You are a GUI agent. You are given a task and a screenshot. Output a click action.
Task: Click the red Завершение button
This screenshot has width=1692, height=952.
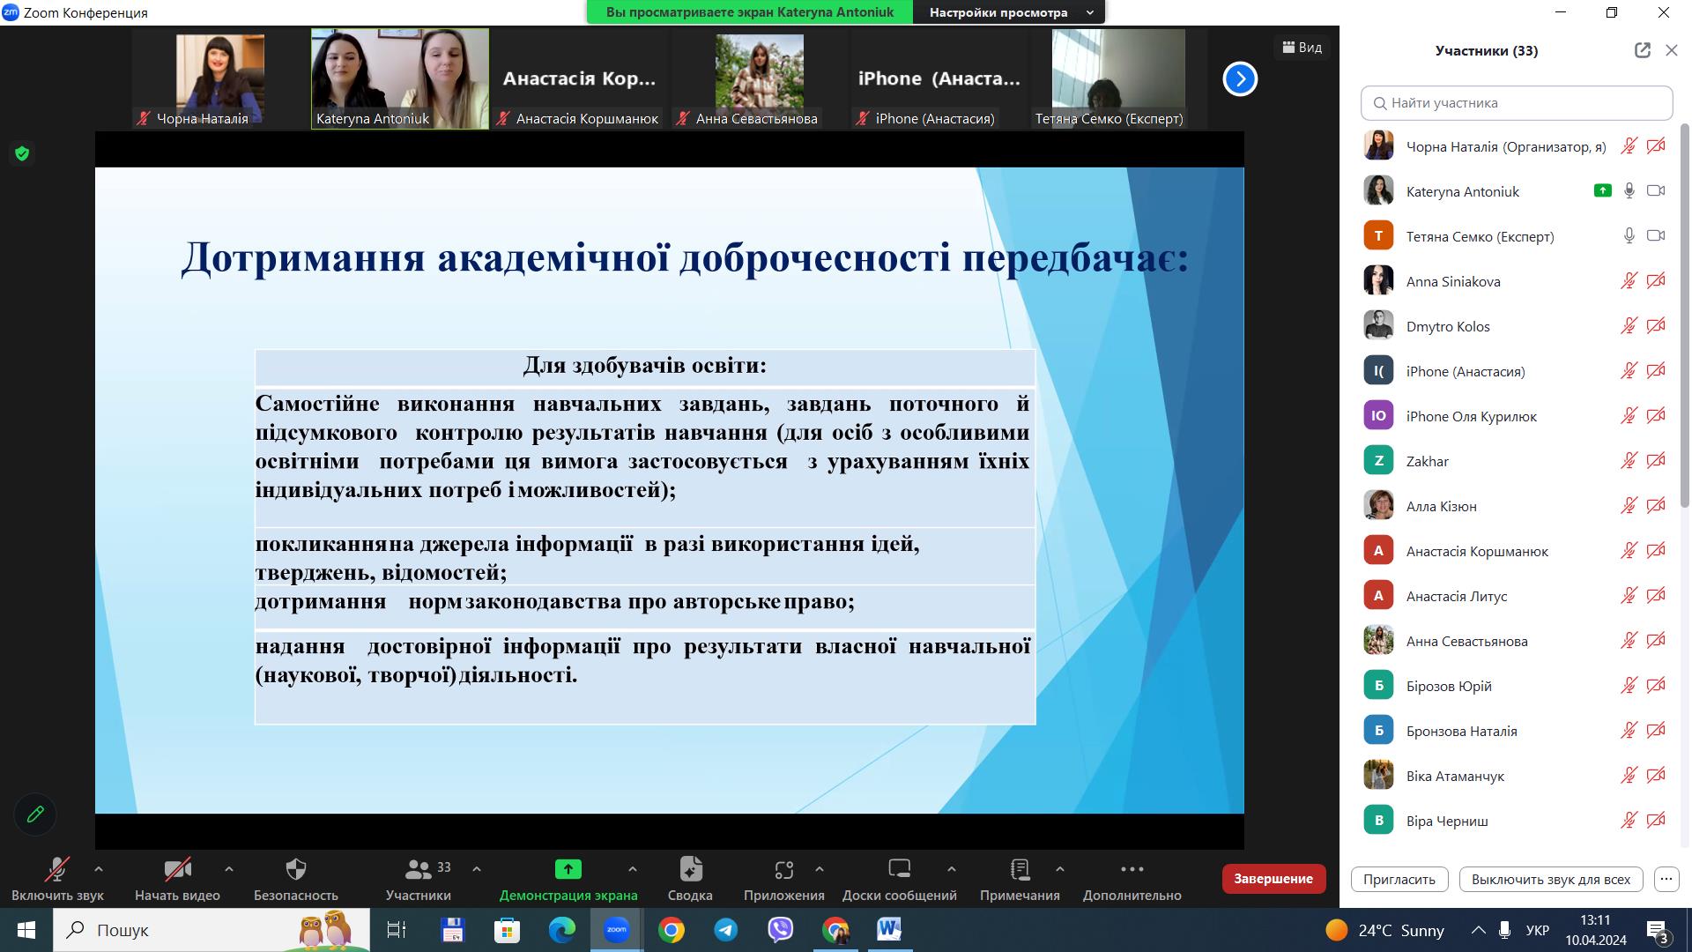tap(1273, 879)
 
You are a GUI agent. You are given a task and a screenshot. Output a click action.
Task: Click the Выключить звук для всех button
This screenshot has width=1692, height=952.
tap(1550, 879)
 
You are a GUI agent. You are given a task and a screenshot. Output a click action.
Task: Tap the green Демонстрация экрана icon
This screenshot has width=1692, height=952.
tap(568, 869)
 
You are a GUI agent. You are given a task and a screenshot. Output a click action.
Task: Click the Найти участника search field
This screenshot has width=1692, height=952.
tap(1517, 103)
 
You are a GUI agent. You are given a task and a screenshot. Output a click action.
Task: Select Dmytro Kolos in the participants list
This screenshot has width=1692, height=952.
tap(1448, 326)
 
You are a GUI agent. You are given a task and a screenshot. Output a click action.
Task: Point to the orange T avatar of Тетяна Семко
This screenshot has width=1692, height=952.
tap(1378, 236)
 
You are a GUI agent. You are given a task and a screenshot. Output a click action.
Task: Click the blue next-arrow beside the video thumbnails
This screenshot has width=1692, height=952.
tap(1240, 79)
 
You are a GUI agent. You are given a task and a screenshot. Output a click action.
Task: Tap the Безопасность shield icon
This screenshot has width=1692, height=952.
tap(296, 870)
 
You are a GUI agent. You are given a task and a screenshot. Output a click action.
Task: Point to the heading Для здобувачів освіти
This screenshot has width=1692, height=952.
tap(644, 365)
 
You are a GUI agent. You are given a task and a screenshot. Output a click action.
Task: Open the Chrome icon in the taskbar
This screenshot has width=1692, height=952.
tap(672, 930)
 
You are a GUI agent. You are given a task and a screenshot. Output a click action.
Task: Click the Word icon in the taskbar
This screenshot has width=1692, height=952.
tap(889, 930)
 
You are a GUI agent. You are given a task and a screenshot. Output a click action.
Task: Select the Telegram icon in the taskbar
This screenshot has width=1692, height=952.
tap(726, 930)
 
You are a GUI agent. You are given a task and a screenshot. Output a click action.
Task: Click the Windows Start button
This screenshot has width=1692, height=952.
tap(26, 930)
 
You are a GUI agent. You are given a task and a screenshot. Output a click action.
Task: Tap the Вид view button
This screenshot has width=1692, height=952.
tap(1302, 48)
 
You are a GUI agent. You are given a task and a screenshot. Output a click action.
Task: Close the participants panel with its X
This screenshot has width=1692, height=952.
tap(1671, 50)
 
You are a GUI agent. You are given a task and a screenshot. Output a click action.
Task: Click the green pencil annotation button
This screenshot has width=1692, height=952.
tap(35, 814)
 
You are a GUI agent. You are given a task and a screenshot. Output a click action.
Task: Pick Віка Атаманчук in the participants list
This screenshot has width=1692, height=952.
tap(1455, 776)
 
